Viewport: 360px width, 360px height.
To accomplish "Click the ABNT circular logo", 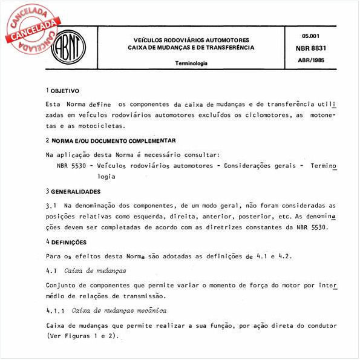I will (x=70, y=46).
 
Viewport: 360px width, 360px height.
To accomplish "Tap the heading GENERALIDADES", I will (x=76, y=191).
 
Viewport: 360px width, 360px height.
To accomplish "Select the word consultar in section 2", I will (x=204, y=154).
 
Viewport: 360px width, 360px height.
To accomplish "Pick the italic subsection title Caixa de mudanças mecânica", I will (x=119, y=310).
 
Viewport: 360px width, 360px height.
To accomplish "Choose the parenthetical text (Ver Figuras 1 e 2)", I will (x=84, y=336).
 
